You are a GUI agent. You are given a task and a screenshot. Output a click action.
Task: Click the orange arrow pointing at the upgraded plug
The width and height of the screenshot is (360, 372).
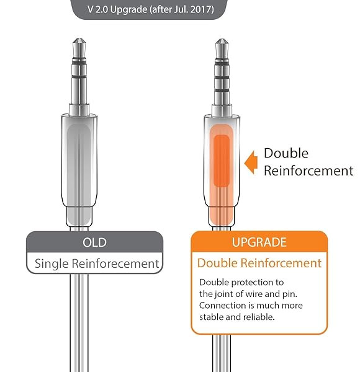[250, 162]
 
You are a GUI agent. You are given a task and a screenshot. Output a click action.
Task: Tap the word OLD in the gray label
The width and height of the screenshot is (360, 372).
[94, 242]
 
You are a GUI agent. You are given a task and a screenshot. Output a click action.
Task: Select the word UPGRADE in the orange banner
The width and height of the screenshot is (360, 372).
[259, 242]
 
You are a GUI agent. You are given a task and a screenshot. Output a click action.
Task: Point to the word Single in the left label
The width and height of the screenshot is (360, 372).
[52, 263]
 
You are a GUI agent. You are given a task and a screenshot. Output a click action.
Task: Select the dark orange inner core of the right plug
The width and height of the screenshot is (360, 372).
[221, 162]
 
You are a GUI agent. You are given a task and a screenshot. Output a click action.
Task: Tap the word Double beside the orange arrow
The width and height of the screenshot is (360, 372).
[286, 153]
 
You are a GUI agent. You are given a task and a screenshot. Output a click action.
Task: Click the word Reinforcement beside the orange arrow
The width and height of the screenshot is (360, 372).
[308, 170]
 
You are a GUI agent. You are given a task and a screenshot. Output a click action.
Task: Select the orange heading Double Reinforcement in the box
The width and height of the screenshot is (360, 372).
[259, 263]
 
